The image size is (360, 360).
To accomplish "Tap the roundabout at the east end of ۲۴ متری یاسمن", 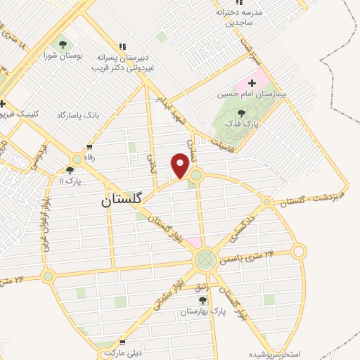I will click(300, 251).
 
